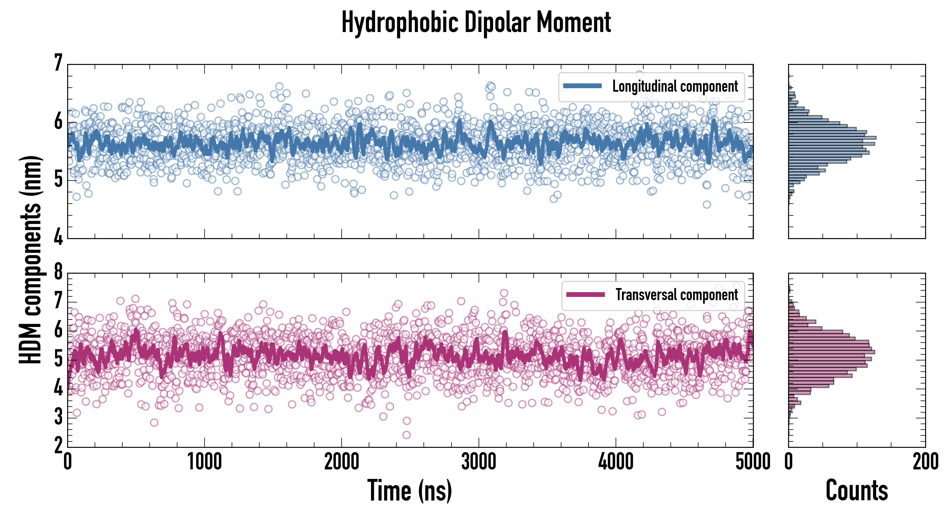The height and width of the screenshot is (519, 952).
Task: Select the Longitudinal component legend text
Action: pyautogui.click(x=675, y=86)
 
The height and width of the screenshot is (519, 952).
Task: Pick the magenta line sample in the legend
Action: pyautogui.click(x=585, y=294)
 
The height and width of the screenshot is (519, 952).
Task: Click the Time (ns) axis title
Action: pyautogui.click(x=409, y=490)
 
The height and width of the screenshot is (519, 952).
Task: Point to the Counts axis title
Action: pyautogui.click(x=857, y=490)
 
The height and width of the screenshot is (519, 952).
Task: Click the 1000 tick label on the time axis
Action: pyautogui.click(x=204, y=462)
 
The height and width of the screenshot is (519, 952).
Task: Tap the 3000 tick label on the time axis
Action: pyautogui.click(x=479, y=462)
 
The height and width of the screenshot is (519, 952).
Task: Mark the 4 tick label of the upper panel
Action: pyautogui.click(x=58, y=237)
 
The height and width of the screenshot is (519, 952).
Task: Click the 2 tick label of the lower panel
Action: pyautogui.click(x=58, y=445)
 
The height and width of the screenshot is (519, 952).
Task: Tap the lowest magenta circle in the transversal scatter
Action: pyautogui.click(x=406, y=435)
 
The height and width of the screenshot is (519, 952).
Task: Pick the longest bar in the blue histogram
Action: pyautogui.click(x=832, y=138)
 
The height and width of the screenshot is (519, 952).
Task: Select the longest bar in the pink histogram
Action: pyautogui.click(x=831, y=352)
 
